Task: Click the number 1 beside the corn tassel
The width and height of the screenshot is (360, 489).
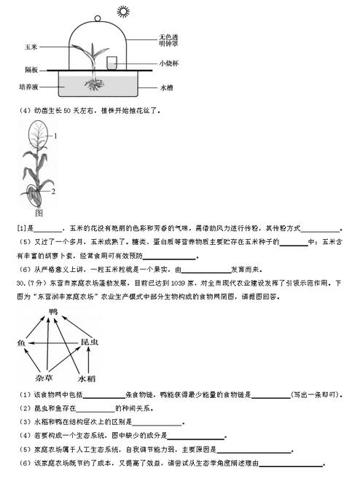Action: pos(55,136)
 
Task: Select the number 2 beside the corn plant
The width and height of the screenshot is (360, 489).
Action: pos(53,190)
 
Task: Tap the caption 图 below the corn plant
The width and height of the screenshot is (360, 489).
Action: pos(39,213)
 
